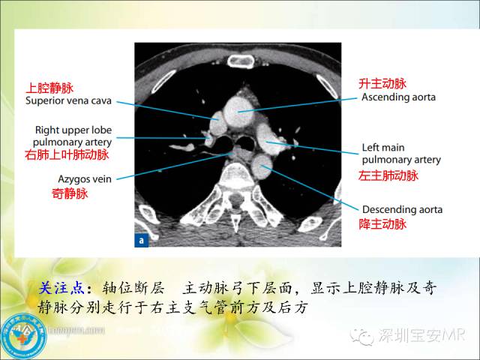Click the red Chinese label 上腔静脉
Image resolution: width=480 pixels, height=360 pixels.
(50, 88)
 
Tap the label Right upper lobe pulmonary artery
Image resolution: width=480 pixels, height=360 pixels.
(73, 136)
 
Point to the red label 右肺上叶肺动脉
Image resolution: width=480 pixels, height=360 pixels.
(67, 155)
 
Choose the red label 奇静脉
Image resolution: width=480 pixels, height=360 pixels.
(70, 194)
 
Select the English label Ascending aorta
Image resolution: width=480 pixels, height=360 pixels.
(398, 97)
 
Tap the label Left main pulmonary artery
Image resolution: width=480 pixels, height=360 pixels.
(400, 154)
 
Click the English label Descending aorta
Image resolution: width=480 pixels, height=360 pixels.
(402, 209)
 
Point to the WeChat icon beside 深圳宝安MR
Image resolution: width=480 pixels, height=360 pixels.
(365, 335)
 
